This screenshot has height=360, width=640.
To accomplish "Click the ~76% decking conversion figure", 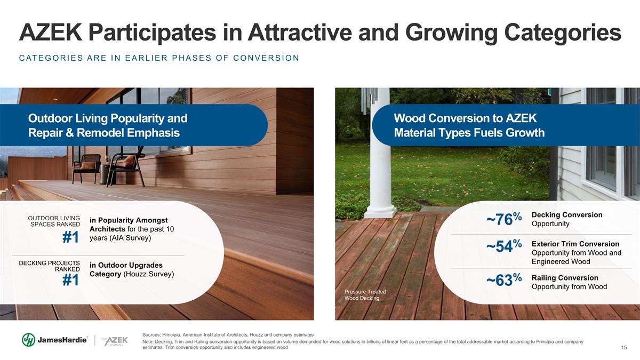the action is pyautogui.click(x=504, y=219).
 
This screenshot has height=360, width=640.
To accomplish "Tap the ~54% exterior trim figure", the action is pyautogui.click(x=504, y=246).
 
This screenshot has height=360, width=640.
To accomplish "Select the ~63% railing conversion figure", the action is pyautogui.click(x=504, y=279).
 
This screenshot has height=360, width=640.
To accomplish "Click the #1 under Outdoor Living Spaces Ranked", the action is pyautogui.click(x=70, y=237).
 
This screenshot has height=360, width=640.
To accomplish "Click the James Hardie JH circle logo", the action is pyautogui.click(x=29, y=340).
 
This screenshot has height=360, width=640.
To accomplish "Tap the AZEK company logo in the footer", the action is pyautogui.click(x=115, y=341).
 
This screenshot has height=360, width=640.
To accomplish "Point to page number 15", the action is pyautogui.click(x=623, y=347).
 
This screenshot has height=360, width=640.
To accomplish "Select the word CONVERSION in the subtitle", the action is pyautogui.click(x=266, y=58).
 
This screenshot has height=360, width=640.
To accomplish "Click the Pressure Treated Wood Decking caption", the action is pyautogui.click(x=365, y=295).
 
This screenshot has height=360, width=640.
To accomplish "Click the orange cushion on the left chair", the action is pyautogui.click(x=87, y=165).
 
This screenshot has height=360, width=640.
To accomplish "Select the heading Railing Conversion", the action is pyautogui.click(x=565, y=278).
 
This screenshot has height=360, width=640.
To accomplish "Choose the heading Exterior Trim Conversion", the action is pyautogui.click(x=575, y=244).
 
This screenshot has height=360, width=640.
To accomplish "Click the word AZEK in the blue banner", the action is pyautogui.click(x=521, y=118).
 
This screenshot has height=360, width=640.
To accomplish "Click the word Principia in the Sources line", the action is pyautogui.click(x=171, y=335).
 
